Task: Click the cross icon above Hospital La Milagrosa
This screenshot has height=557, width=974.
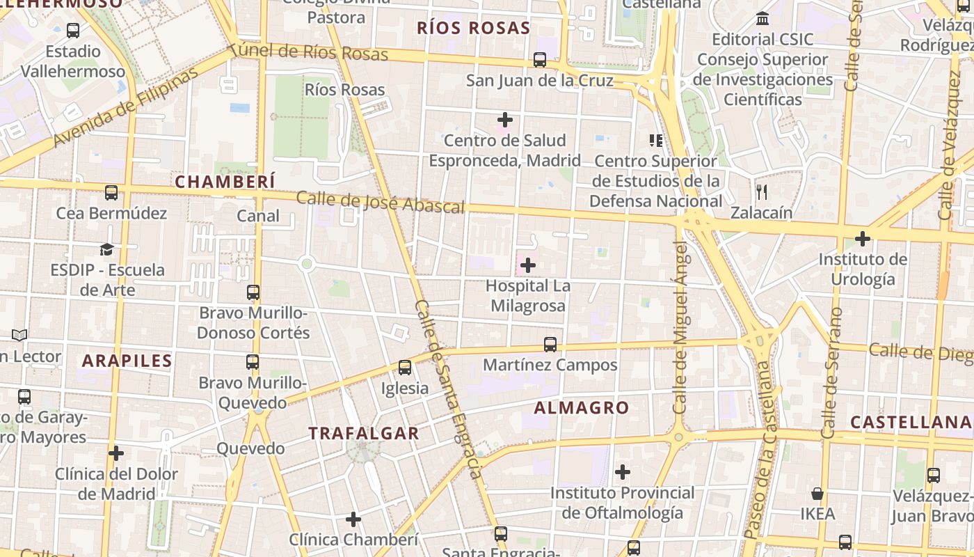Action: pos(528,265)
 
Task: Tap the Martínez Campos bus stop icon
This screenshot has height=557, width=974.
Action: pos(550,344)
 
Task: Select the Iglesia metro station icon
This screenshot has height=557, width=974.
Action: pos(405,368)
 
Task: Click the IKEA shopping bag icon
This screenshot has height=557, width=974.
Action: pos(817,494)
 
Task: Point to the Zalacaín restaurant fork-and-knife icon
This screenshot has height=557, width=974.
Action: pos(762,191)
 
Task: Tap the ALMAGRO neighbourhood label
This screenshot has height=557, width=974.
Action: pos(582,408)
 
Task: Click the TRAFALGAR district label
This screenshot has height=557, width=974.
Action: pos(364,433)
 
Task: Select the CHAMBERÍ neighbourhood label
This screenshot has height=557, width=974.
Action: pos(225,182)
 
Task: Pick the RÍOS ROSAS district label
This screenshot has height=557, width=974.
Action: pos(473,28)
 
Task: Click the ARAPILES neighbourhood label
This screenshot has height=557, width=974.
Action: pos(127,361)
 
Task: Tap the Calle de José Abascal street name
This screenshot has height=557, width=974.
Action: pos(381,202)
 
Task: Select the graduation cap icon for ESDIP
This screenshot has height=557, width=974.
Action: pos(106,249)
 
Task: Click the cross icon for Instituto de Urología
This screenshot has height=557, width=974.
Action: pos(863,239)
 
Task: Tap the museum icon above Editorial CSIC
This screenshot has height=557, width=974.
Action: pos(763,18)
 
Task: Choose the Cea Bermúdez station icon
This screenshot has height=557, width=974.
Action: pos(111,193)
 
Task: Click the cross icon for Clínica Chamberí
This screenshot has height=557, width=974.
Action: pos(353,519)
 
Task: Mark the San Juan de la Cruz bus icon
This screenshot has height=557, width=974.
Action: pos(540,60)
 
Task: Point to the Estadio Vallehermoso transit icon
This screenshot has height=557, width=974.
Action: pos(73,31)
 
